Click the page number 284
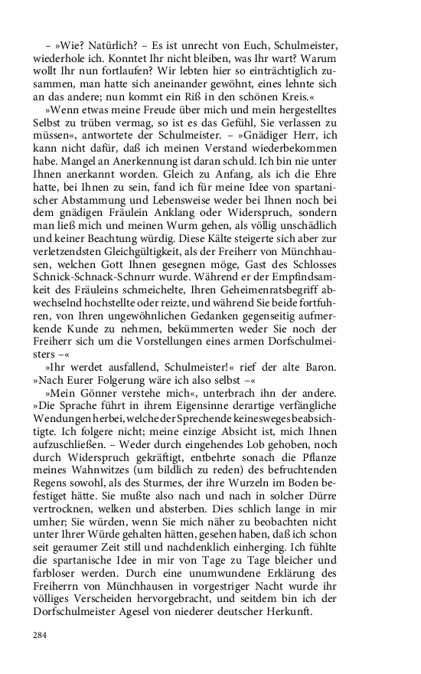coord(40,636)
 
